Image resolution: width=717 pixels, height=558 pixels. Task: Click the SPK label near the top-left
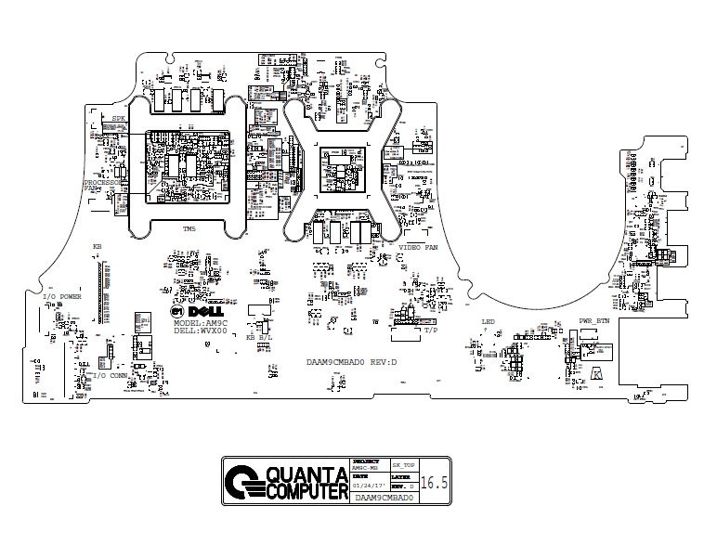[x=118, y=120]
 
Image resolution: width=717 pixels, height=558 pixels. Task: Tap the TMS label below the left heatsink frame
[x=189, y=229]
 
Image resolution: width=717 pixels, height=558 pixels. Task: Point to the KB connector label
[x=97, y=247]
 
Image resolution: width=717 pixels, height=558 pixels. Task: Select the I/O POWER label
[x=62, y=297]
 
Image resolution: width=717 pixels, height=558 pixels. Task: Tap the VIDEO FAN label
[x=418, y=249]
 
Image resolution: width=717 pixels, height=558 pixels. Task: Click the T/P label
[x=430, y=331]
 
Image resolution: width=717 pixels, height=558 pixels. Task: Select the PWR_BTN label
[x=594, y=321]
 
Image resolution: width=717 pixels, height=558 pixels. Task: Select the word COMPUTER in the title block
[x=306, y=490]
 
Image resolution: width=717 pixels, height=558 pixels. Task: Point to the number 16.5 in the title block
[x=434, y=484]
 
